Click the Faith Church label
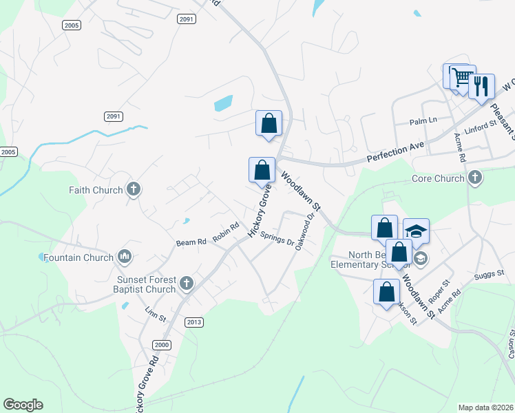[x=95, y=190]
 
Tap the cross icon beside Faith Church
[x=134, y=189]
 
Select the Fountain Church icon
[x=125, y=257]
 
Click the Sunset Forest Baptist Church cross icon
[x=185, y=283]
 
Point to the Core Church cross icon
[x=474, y=179]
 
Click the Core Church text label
[x=437, y=179]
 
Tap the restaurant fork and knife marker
[x=481, y=86]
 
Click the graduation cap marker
[x=416, y=231]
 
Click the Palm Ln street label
[x=423, y=121]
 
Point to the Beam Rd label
[x=191, y=242]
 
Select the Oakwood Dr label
[x=305, y=231]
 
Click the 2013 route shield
[x=195, y=322]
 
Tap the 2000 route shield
[x=162, y=345]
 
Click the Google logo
[x=23, y=405]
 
